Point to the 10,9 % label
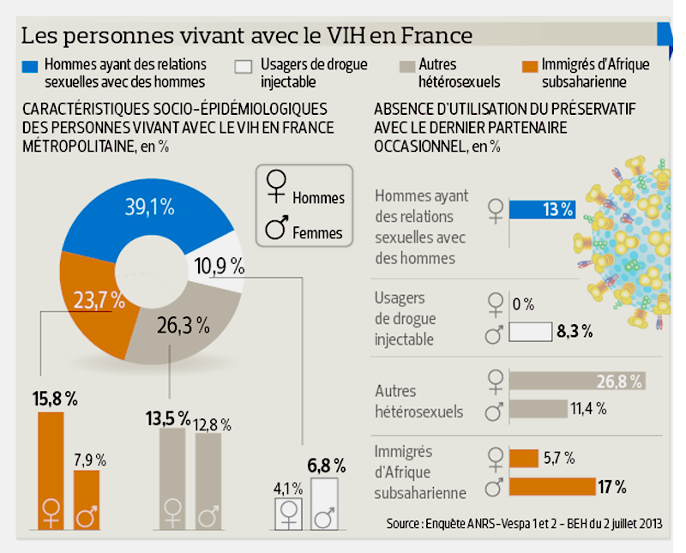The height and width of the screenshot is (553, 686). point(220,266)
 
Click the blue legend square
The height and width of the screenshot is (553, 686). point(30,66)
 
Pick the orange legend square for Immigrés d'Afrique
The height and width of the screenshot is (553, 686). point(528,66)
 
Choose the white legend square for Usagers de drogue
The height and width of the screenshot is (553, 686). point(245,66)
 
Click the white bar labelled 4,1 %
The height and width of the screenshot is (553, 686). point(287,514)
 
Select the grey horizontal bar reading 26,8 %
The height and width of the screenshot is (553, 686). point(576,381)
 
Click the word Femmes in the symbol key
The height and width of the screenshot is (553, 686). point(317,232)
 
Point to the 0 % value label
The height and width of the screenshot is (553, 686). point(523,304)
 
